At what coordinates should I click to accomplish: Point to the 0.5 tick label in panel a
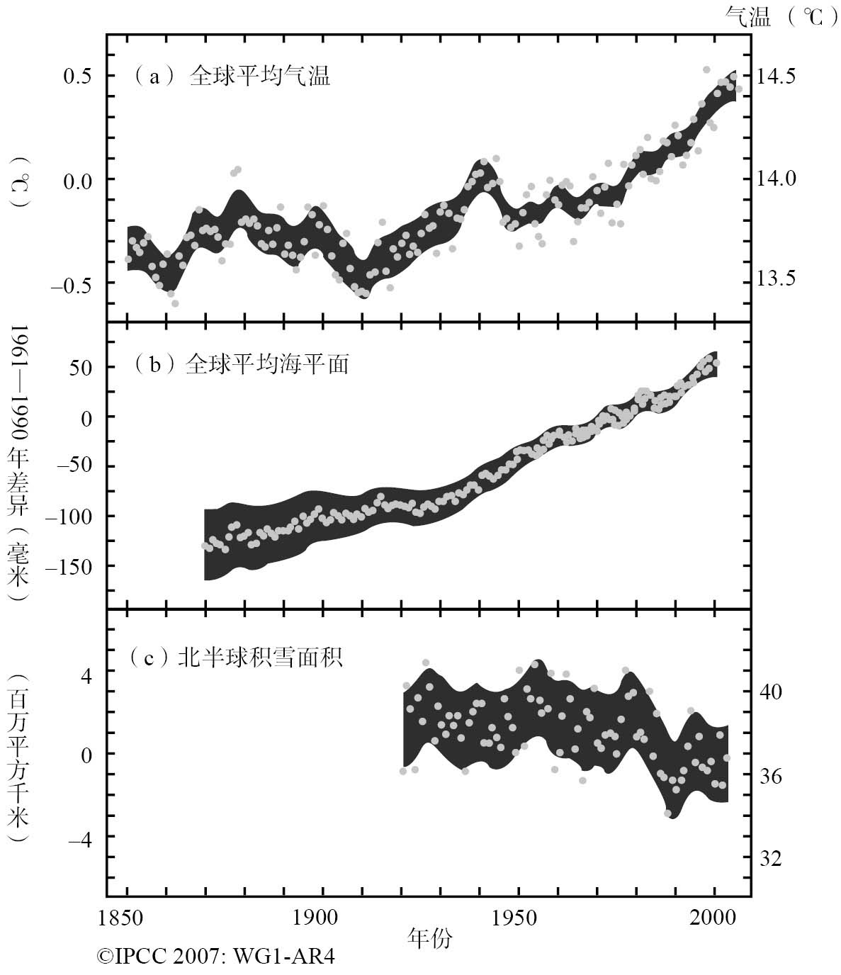pyautogui.click(x=79, y=76)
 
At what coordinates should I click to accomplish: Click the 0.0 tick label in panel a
pyautogui.click(x=79, y=179)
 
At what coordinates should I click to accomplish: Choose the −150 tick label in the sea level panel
pyautogui.click(x=71, y=566)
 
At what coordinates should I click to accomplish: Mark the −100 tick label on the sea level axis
pyautogui.click(x=71, y=516)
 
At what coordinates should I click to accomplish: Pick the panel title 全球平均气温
pyautogui.click(x=259, y=77)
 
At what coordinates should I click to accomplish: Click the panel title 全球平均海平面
pyautogui.click(x=266, y=364)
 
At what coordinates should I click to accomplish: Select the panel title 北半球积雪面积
pyautogui.click(x=260, y=658)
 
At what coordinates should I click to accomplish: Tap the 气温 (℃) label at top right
pyautogui.click(x=777, y=16)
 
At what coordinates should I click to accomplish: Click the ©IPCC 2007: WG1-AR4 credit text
pyautogui.click(x=216, y=957)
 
